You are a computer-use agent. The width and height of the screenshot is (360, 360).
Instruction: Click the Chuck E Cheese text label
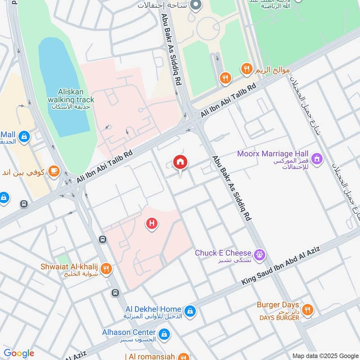(223, 253)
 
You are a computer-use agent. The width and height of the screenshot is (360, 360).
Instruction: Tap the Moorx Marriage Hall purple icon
(317, 159)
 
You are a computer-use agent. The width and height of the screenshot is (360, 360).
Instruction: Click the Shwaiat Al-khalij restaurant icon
(106, 269)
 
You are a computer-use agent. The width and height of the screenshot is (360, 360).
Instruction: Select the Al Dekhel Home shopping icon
(190, 310)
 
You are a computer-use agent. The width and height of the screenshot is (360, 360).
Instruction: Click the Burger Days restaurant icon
(308, 310)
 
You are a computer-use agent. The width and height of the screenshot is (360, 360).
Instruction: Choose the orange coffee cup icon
(54, 171)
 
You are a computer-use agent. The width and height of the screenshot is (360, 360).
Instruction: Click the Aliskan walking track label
(71, 96)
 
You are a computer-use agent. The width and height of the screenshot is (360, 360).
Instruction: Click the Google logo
(19, 353)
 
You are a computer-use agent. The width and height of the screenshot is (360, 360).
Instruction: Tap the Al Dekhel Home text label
(153, 309)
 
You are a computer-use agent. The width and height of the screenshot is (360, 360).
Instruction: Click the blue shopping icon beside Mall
(24, 136)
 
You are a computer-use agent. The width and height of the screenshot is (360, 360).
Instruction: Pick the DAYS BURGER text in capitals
(279, 318)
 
